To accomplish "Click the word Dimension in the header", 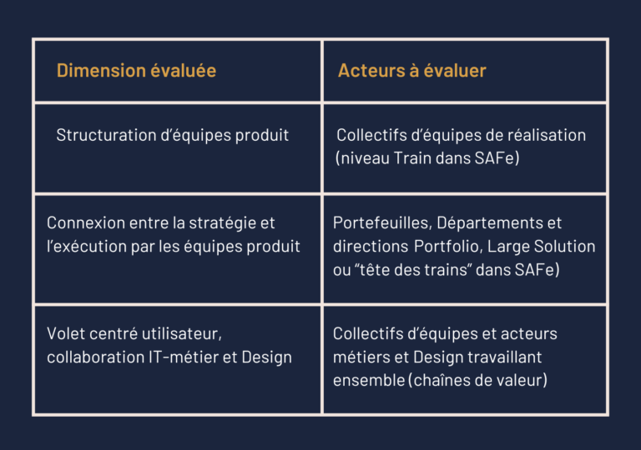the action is [x=101, y=70].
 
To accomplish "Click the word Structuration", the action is [x=106, y=135].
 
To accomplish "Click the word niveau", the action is [x=365, y=158].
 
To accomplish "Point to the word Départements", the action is [x=489, y=223].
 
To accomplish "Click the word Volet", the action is [x=65, y=333].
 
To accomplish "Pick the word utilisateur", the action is [x=179, y=334].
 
